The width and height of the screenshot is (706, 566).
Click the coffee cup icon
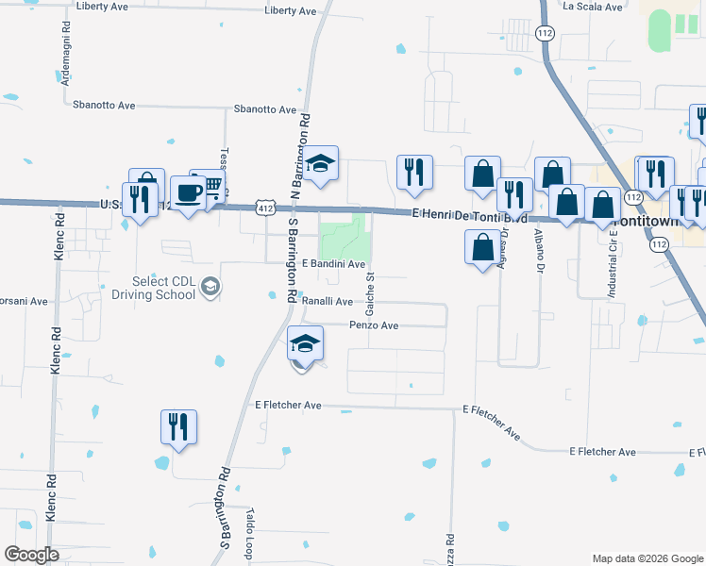[188, 193]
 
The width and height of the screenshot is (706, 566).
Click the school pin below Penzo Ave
[305, 342]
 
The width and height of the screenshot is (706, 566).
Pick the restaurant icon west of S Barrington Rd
[177, 426]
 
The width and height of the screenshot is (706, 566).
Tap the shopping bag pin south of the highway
[482, 248]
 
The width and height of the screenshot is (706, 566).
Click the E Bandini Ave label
[332, 265]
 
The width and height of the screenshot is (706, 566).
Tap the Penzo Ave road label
[374, 325]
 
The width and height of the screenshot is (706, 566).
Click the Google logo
[32, 555]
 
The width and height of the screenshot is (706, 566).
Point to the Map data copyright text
[646, 558]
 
